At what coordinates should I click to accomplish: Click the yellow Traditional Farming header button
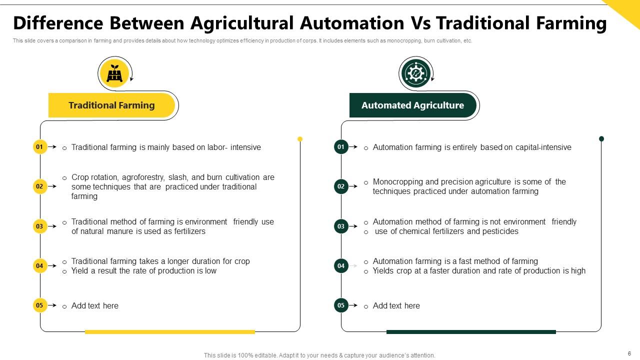click(x=111, y=105)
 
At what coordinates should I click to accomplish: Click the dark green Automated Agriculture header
click(x=412, y=105)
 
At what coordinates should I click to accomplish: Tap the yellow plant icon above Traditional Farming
click(x=114, y=73)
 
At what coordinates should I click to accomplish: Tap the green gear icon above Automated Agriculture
click(x=415, y=73)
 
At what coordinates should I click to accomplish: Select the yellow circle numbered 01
click(x=39, y=147)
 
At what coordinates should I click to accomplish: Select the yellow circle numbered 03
click(x=39, y=226)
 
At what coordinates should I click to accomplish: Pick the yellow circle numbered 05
click(x=39, y=305)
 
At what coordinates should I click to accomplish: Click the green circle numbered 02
click(x=341, y=186)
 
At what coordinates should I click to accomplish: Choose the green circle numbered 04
click(x=341, y=266)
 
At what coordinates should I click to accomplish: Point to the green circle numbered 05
click(x=341, y=305)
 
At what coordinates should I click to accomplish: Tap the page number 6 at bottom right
click(x=629, y=353)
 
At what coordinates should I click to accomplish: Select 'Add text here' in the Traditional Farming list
click(x=95, y=306)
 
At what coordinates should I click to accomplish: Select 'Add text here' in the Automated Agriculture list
click(x=396, y=306)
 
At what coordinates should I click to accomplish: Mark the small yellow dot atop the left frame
click(x=300, y=139)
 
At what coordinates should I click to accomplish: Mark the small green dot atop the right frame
click(x=601, y=139)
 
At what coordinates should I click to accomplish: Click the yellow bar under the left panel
click(x=170, y=331)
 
